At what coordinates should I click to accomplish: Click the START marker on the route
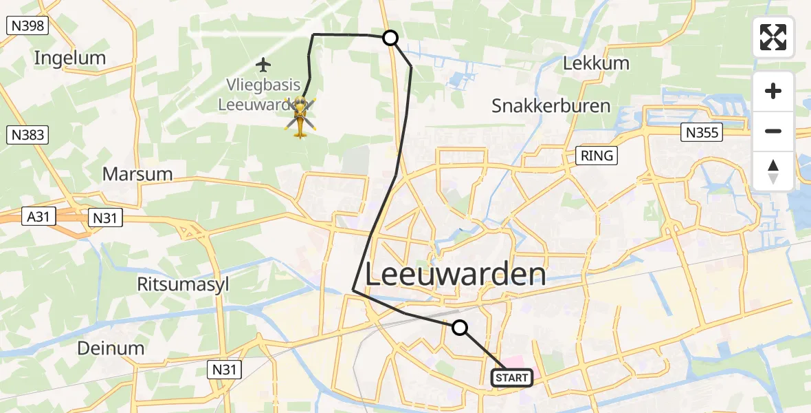coord(512,378)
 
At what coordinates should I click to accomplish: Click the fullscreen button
coord(773,37)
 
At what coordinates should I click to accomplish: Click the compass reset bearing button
coord(773,171)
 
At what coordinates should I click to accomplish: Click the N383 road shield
coord(28,135)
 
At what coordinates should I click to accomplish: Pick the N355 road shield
coord(702,132)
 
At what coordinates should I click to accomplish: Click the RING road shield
coord(597,156)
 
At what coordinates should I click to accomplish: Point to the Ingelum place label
coord(70,58)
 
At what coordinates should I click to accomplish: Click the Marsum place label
coord(137,173)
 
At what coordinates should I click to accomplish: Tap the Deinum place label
coord(111,348)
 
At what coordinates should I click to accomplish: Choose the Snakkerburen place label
coord(551,106)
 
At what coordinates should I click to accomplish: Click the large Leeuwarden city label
coord(455,275)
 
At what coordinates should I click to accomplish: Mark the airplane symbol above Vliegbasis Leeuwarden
coord(263,65)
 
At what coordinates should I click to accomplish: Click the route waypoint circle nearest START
coord(460,328)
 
